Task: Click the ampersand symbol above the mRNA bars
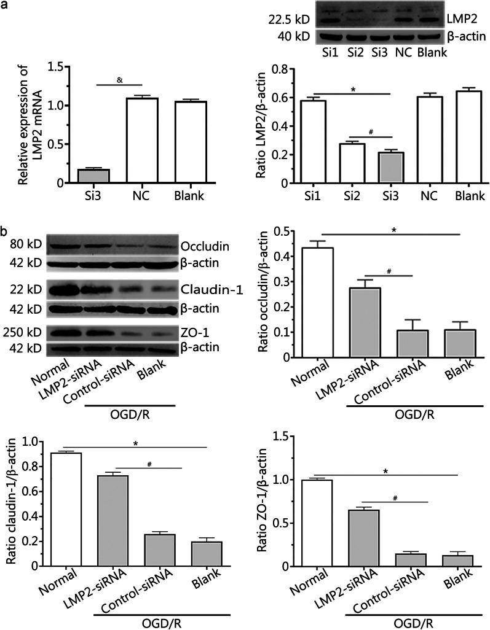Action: pyautogui.click(x=119, y=79)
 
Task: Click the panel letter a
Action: pyautogui.click(x=5, y=6)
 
